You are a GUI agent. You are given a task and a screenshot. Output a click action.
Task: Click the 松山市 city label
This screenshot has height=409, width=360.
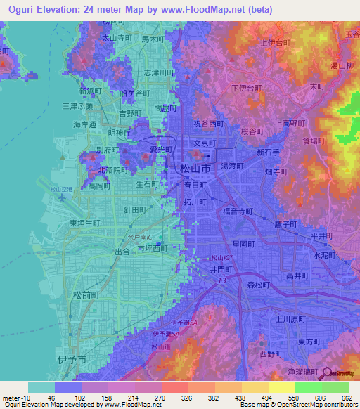coord(195,169)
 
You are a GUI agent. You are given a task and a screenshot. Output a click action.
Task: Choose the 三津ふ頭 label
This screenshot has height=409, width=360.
coord(77,105)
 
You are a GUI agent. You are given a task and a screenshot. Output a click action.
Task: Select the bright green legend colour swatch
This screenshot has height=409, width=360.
coord(308,387)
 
